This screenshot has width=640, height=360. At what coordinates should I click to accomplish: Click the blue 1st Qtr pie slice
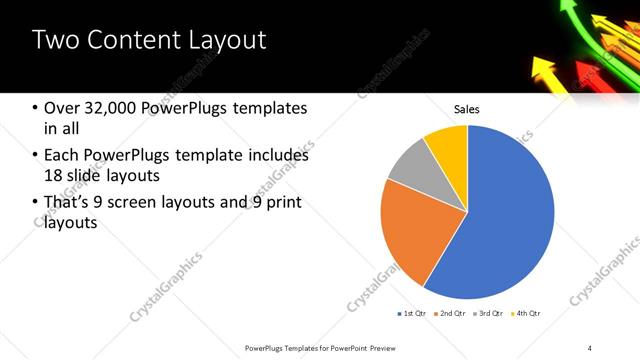(x=500, y=220)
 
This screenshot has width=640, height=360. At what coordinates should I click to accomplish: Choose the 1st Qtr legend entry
(x=413, y=314)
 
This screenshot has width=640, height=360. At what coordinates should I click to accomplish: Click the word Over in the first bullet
(x=62, y=108)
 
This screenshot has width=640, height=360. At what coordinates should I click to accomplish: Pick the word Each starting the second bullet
(x=62, y=155)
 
